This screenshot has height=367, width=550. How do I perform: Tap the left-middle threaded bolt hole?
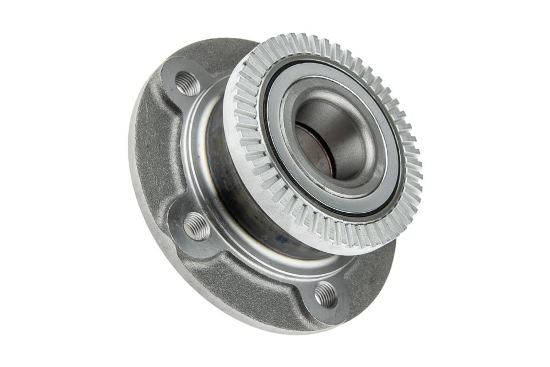point(197,225)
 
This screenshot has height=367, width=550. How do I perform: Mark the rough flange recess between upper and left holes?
point(158,149)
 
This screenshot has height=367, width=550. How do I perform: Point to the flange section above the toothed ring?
point(229,52)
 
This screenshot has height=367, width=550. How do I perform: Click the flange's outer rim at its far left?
point(134,172)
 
